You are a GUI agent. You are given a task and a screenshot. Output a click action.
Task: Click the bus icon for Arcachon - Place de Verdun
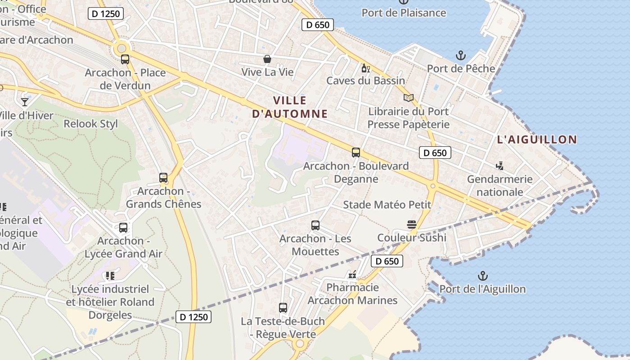(125, 59)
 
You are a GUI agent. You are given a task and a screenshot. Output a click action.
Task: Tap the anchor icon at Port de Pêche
(460, 56)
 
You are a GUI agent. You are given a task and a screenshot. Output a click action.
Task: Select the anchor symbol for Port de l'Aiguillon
(482, 276)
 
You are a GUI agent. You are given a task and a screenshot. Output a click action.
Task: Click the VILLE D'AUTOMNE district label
(290, 107)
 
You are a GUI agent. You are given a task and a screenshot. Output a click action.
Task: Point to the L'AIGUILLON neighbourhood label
(537, 139)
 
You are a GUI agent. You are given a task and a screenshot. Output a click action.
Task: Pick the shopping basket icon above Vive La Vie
(267, 59)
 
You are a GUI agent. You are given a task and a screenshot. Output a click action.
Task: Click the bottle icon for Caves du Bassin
(365, 68)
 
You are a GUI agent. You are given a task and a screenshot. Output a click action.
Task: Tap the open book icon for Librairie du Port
(408, 98)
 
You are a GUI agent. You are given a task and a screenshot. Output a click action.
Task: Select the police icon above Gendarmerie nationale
(499, 166)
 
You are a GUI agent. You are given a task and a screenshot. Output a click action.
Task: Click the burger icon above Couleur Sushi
(411, 225)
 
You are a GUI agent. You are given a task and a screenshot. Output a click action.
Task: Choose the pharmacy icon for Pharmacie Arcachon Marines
(352, 274)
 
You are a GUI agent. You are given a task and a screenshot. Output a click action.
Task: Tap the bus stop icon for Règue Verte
(283, 308)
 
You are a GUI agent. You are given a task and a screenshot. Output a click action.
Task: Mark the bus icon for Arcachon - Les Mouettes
(315, 225)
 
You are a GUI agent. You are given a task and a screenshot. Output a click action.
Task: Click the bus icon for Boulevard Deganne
(356, 153)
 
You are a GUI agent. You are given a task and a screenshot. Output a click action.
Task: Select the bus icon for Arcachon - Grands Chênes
(163, 178)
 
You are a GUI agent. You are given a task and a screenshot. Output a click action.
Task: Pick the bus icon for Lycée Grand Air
(123, 228)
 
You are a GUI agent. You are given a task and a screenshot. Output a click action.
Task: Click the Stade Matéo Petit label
(387, 205)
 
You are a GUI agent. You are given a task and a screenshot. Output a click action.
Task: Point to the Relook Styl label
(90, 124)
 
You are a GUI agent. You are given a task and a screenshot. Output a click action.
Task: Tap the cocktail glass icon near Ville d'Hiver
(25, 102)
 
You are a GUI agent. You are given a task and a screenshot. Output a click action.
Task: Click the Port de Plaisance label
(404, 13)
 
